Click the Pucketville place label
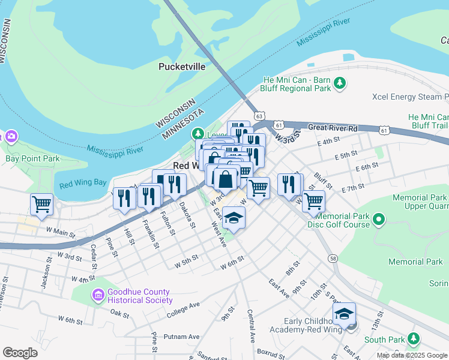[182, 67]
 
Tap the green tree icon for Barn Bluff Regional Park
[340, 83]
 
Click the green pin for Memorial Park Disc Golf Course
[378, 220]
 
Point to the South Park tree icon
[413, 340]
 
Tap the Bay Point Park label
[32, 159]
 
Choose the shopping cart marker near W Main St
[41, 203]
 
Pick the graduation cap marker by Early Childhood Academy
[344, 314]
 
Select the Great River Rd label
[333, 128]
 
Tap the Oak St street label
[120, 313]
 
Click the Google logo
[20, 353]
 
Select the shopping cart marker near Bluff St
[313, 202]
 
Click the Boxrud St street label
[270, 351]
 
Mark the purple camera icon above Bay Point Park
[11, 137]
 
